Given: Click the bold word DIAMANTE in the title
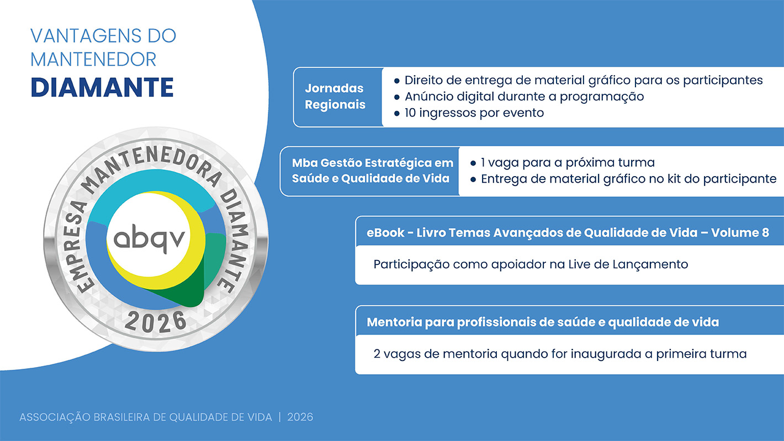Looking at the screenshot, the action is [102, 87].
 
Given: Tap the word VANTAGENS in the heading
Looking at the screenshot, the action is [86, 36].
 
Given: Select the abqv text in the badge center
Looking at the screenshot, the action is [149, 239].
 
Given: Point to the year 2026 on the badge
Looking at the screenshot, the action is [155, 321].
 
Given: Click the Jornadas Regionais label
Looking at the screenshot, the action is [335, 96].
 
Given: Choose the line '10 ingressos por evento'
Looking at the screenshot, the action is [474, 113].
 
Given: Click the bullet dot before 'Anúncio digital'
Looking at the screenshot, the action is [396, 97].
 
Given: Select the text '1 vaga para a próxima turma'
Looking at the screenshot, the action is [568, 162].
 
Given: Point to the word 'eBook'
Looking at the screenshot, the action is [385, 232].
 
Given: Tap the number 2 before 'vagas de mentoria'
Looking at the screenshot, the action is [377, 354].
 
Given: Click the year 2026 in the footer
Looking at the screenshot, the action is [300, 417].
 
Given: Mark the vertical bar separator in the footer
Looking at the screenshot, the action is [279, 417].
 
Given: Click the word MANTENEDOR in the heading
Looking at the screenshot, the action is [93, 60].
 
